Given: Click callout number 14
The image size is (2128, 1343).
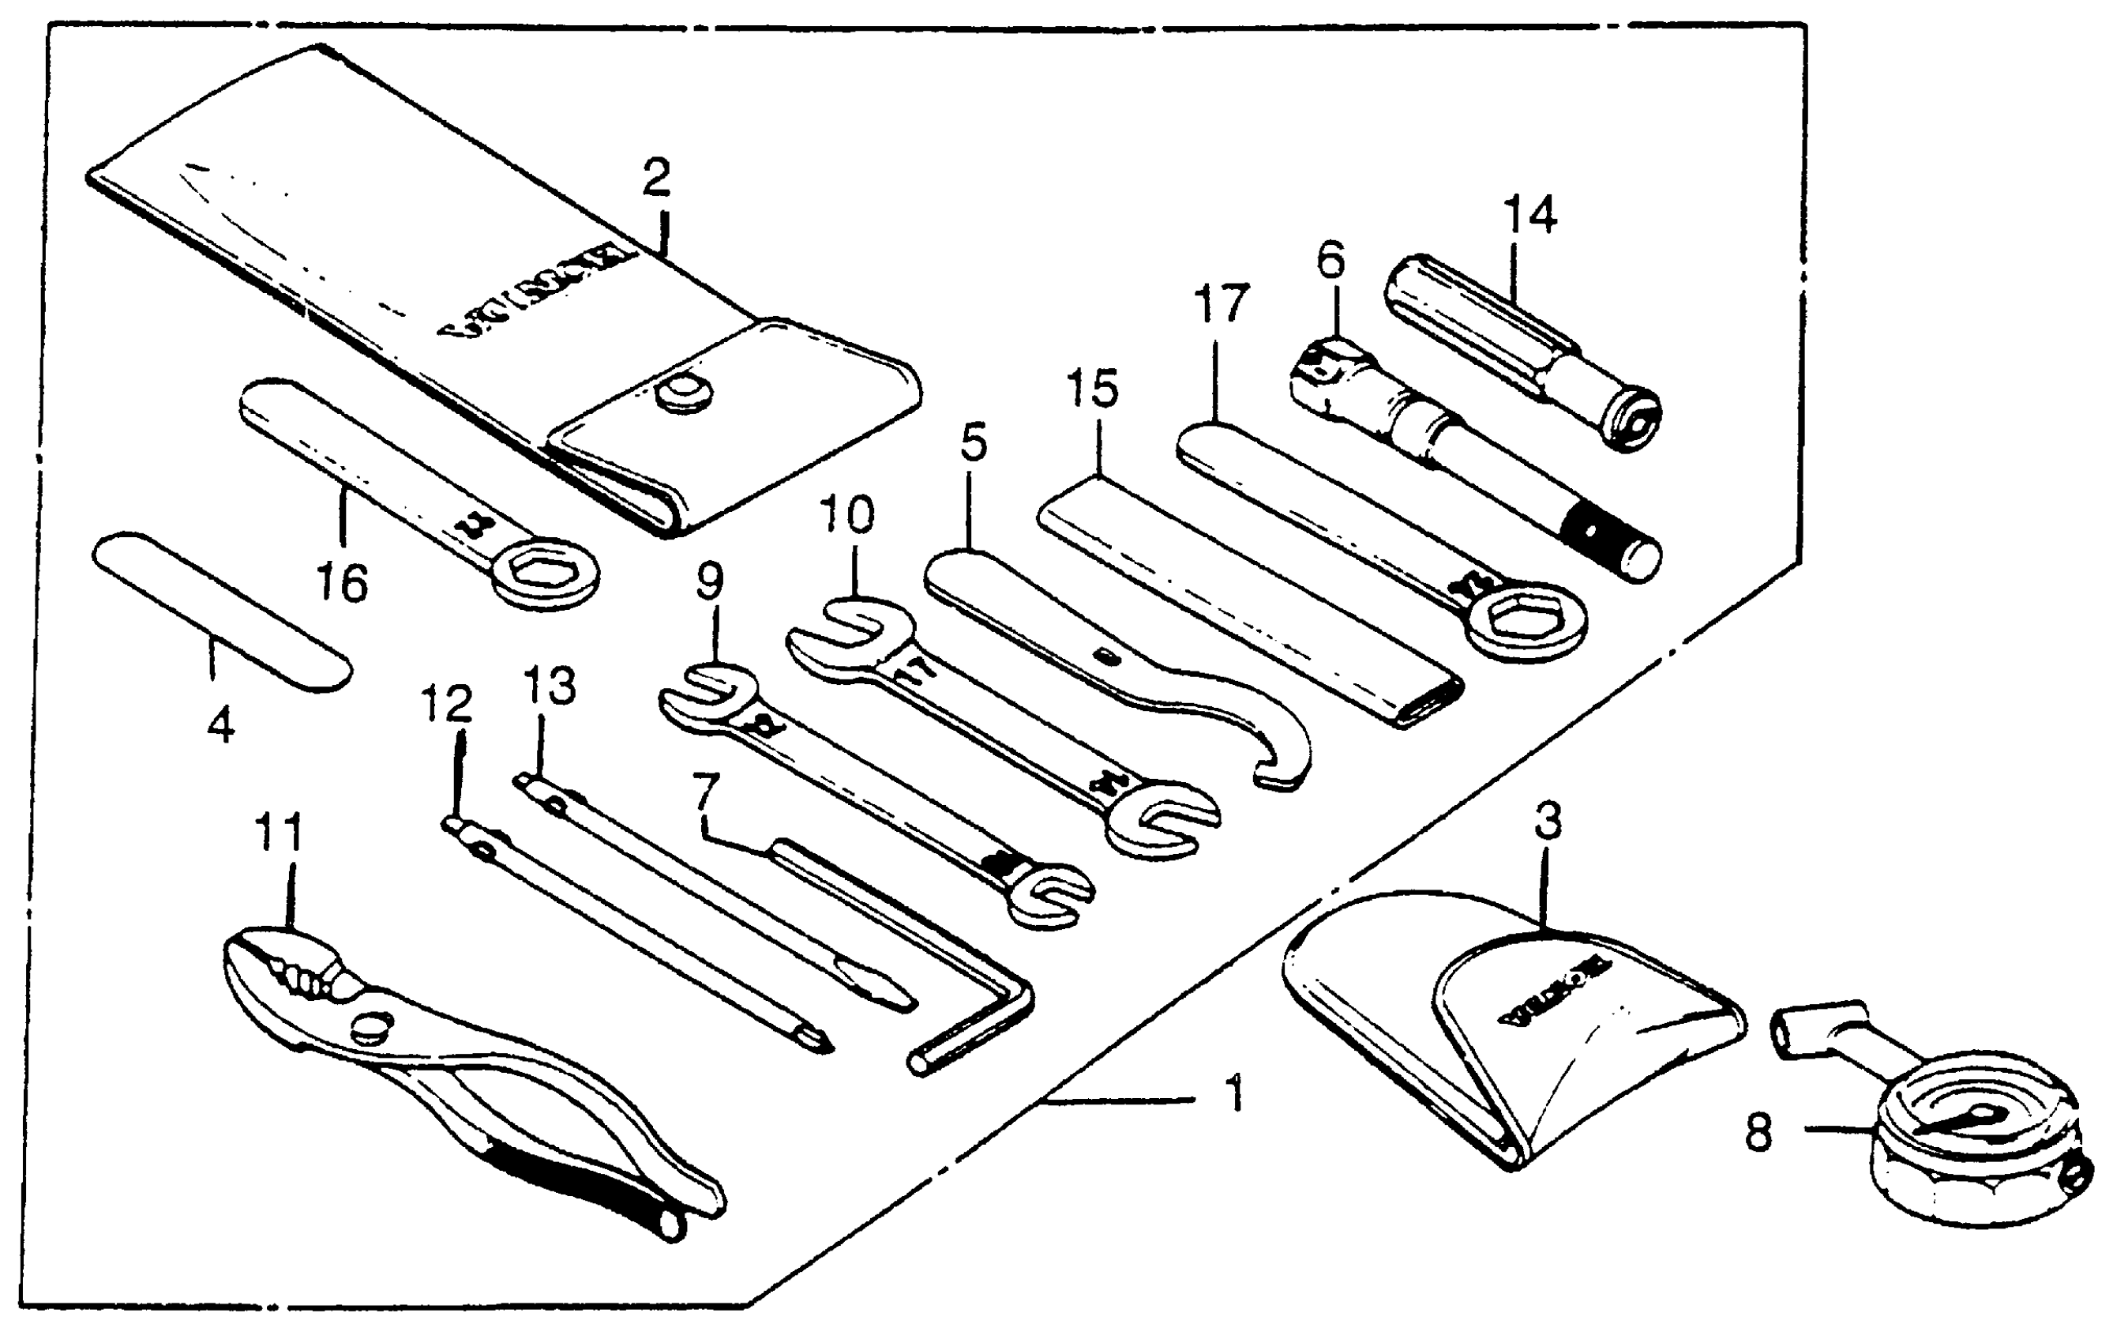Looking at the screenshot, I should coord(1529,215).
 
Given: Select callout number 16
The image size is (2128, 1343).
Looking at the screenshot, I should coord(342,584).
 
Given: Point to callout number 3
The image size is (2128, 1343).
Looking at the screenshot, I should coord(1548,822).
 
